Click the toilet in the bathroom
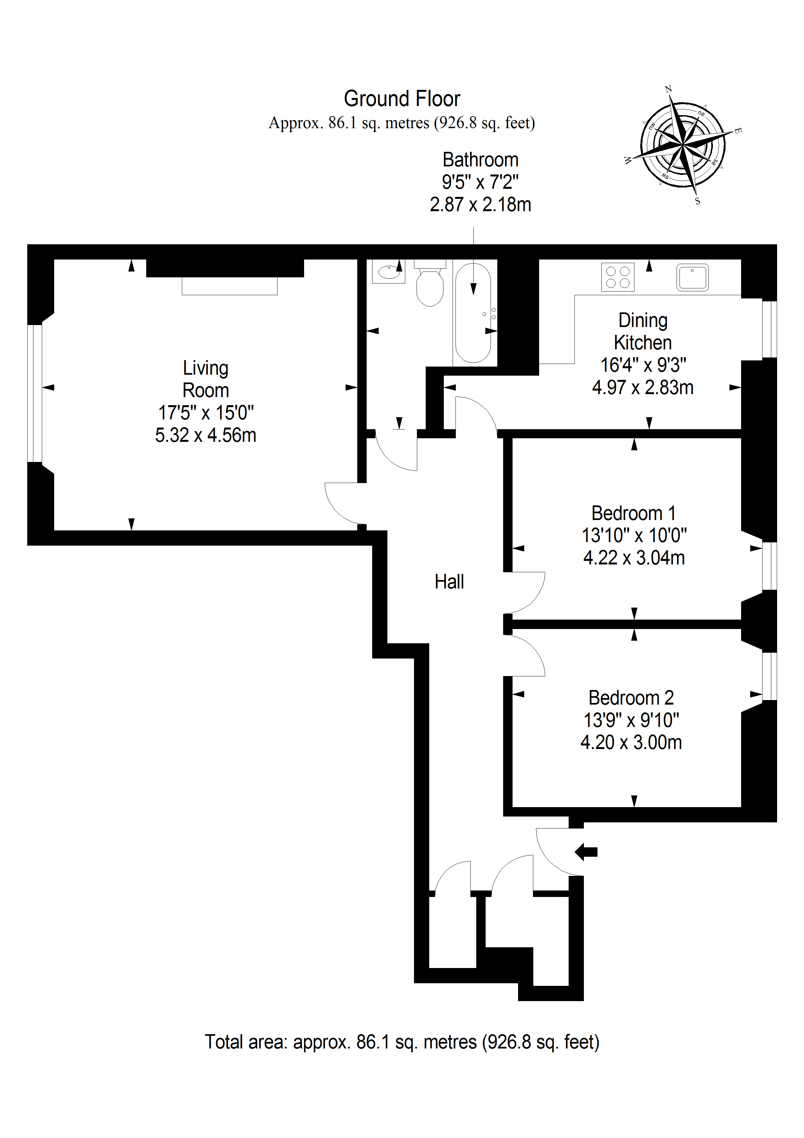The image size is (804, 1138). pyautogui.click(x=430, y=287)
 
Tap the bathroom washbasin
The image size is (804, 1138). pyautogui.click(x=388, y=272)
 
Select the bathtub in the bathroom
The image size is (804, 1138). pyautogui.click(x=473, y=313)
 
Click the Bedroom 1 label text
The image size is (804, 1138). pyautogui.click(x=633, y=513)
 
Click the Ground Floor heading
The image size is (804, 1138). pyautogui.click(x=402, y=99)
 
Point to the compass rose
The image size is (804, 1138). pyautogui.click(x=683, y=145)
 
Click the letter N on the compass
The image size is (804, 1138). pyautogui.click(x=668, y=89)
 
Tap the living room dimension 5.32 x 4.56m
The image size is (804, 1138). pyautogui.click(x=206, y=435)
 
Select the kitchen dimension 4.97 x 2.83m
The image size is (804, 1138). pyautogui.click(x=643, y=387)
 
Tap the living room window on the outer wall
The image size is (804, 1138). pyautogui.click(x=35, y=393)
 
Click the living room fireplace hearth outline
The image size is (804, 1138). pyautogui.click(x=229, y=286)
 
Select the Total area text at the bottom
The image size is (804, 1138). pyautogui.click(x=402, y=1042)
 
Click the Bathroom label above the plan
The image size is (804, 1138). pyautogui.click(x=480, y=160)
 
